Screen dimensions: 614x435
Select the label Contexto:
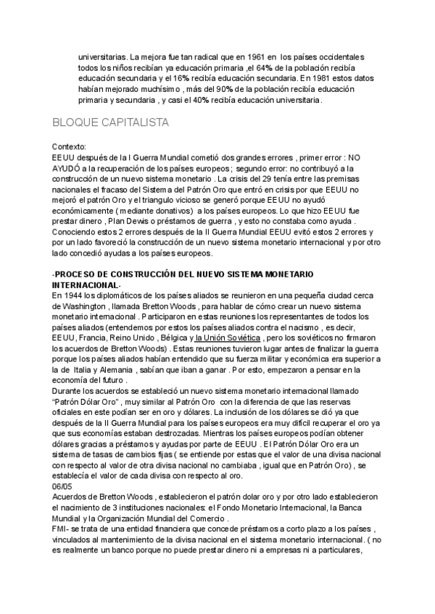[70, 146]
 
